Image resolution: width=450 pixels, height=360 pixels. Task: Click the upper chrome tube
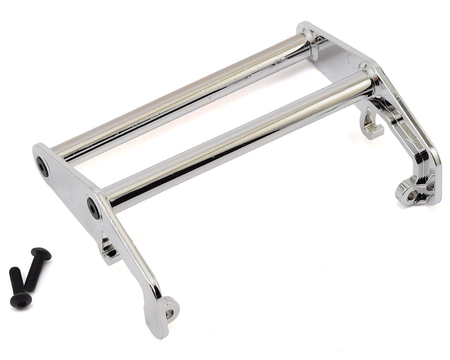(x=180, y=97)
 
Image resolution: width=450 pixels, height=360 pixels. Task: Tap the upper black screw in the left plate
(x=42, y=166)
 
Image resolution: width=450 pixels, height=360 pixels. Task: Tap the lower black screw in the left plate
(x=93, y=208)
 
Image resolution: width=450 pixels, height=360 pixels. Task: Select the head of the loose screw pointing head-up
(x=41, y=254)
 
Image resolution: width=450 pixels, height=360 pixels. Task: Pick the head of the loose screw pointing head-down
(x=21, y=300)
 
